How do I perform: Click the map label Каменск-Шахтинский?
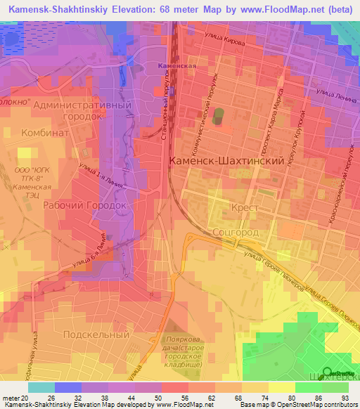(x=226, y=160)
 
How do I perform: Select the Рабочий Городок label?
(x=84, y=205)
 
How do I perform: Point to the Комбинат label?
(x=44, y=132)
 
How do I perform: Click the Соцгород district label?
(x=236, y=232)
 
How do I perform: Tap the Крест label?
(x=245, y=209)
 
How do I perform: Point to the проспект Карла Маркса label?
(x=270, y=118)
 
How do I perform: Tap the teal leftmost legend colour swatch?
(x=41, y=387)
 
